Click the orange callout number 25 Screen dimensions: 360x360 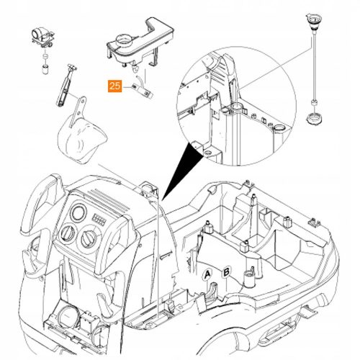pyautogui.click(x=114, y=86)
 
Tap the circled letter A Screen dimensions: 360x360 pyautogui.click(x=207, y=274)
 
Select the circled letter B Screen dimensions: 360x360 pyautogui.click(x=226, y=272)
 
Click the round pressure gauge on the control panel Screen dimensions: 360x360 pyautogui.click(x=78, y=212)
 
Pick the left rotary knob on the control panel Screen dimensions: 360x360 pyautogui.click(x=68, y=233)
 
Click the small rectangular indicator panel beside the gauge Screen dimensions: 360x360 pyautogui.click(x=99, y=220)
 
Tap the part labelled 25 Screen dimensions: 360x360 pyautogui.click(x=142, y=91)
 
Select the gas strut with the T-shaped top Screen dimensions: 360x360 pyautogui.click(x=66, y=84)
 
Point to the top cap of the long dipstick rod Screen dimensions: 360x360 pyautogui.click(x=312, y=22)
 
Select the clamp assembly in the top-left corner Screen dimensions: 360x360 pyautogui.click(x=43, y=37)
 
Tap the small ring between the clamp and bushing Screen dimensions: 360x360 pyautogui.click(x=45, y=57)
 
